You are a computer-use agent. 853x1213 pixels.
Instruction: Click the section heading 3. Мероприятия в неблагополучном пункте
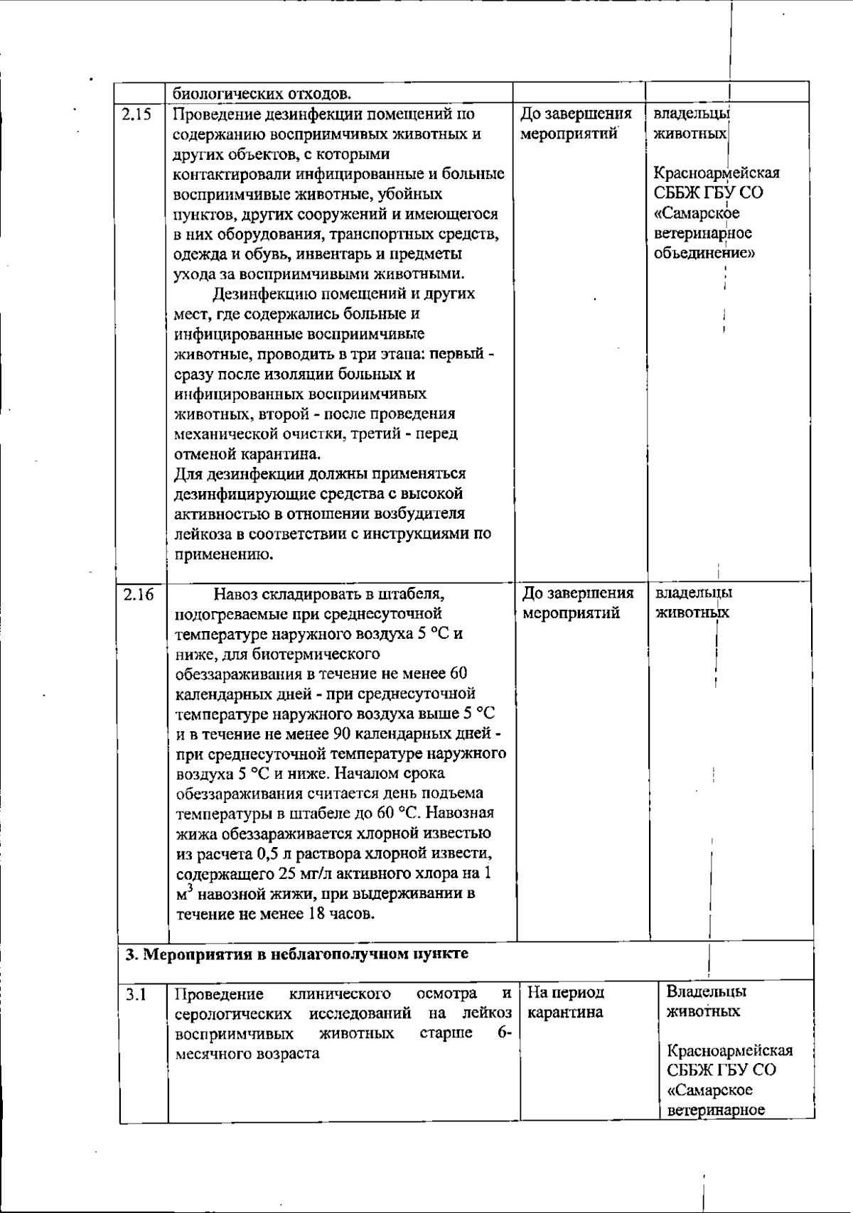click(x=297, y=954)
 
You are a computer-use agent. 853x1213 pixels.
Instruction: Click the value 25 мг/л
click(x=302, y=873)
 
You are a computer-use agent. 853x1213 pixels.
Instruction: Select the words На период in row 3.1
click(x=566, y=993)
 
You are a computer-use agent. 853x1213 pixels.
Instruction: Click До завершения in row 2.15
click(x=576, y=114)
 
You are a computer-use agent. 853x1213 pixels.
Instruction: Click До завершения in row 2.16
click(x=578, y=593)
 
